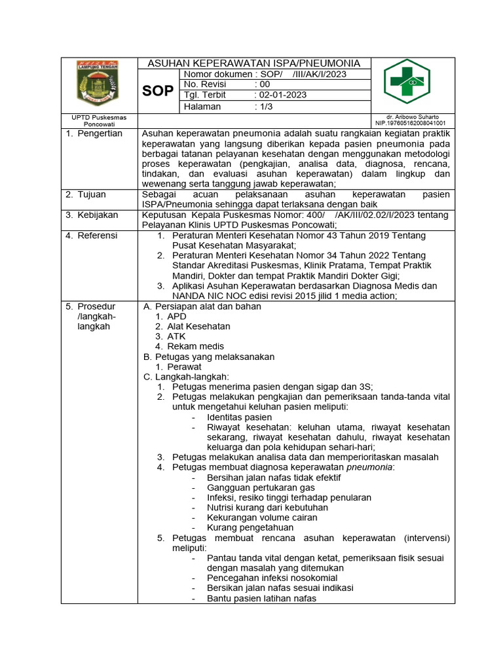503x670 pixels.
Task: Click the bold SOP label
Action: click(158, 91)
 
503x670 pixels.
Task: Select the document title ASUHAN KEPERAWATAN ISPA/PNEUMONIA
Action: click(254, 63)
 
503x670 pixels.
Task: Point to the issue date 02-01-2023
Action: click(282, 96)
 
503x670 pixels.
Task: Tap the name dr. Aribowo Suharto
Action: click(413, 116)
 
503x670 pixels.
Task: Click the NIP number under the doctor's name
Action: click(410, 123)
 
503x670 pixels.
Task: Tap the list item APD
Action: click(177, 316)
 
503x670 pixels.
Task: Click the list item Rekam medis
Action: click(195, 346)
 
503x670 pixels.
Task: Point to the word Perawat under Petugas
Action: click(184, 367)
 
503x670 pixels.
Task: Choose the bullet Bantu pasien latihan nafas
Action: click(261, 598)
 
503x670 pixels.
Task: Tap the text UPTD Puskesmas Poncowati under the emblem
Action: click(99, 120)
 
